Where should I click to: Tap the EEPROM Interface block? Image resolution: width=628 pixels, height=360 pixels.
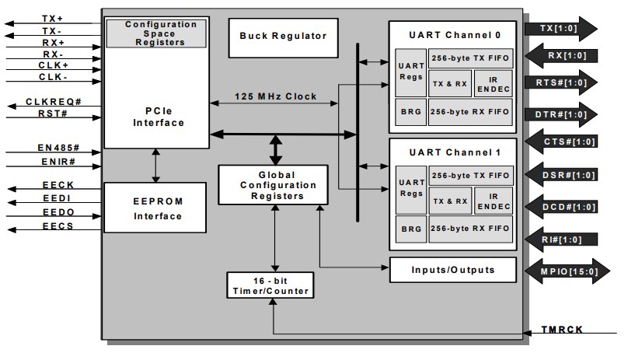[155, 208]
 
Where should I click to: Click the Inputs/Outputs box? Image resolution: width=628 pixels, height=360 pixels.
[452, 270]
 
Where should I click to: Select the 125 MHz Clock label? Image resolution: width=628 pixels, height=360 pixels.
[276, 96]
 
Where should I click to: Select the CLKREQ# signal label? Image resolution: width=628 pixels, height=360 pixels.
[52, 102]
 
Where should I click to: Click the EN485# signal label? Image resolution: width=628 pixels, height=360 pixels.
[53, 147]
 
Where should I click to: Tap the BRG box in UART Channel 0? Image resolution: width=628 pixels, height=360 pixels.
[410, 110]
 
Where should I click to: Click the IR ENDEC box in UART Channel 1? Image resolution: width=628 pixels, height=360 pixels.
[492, 201]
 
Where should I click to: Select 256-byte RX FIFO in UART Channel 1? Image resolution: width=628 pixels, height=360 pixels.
[470, 229]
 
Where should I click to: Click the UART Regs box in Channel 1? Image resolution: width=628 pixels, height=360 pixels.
[410, 187]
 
